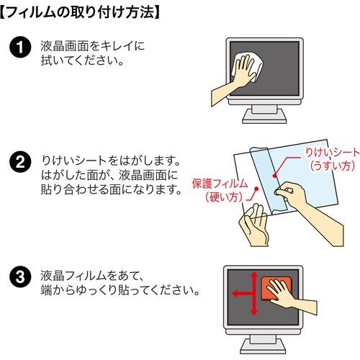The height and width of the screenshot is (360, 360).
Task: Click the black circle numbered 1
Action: coord(20,47)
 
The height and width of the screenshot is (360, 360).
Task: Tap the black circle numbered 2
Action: coord(20,162)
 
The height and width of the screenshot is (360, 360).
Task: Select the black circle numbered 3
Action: coord(20,276)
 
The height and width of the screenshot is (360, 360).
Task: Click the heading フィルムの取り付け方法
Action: coord(79,12)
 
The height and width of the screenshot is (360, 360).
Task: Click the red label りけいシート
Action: coord(332,153)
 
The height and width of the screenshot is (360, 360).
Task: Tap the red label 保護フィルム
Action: coord(220,184)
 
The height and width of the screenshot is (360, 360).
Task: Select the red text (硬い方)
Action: coord(224,197)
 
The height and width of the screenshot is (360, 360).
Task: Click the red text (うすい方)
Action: coord(333,166)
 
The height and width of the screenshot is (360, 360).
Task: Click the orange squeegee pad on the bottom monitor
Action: coord(276,288)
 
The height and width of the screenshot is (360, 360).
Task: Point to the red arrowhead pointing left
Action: coord(235,293)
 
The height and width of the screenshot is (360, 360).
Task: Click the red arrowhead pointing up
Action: coord(254,275)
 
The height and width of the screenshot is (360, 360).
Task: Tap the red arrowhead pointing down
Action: coord(254,311)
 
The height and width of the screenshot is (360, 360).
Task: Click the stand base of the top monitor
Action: coord(264,118)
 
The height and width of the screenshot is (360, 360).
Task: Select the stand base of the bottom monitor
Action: coord(263,346)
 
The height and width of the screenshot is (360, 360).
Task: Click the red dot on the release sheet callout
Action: coord(274,176)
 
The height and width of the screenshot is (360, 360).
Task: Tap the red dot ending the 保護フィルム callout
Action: coord(256,189)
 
